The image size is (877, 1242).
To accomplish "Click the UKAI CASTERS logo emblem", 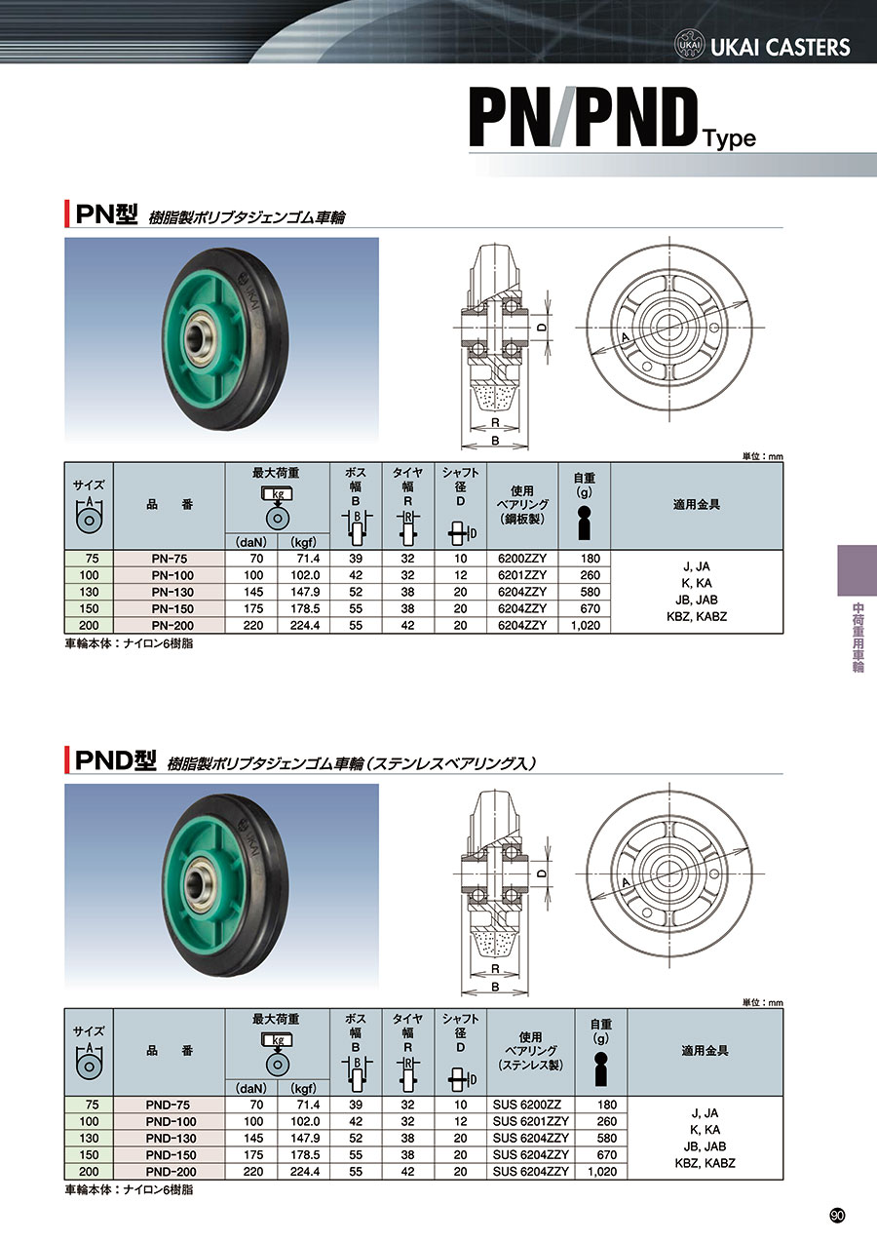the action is point(689,46).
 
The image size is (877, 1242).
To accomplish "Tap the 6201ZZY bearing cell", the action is point(522,575).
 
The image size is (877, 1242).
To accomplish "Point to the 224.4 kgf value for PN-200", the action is point(305,626).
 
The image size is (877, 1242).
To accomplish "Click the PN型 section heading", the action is point(106,214).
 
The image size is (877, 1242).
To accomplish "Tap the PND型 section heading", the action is point(116,760).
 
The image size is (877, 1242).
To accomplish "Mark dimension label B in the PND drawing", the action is point(495,987).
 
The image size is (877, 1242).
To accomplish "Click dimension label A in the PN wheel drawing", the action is point(626,337).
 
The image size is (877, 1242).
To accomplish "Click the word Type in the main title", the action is point(730,138).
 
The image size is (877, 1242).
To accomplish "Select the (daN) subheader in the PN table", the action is point(251,542).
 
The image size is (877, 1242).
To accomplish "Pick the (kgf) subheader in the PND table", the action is point(304,1088).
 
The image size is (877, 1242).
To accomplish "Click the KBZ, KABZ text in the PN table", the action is point(697,616).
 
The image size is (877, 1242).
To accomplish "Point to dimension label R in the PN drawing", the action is point(495,423).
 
